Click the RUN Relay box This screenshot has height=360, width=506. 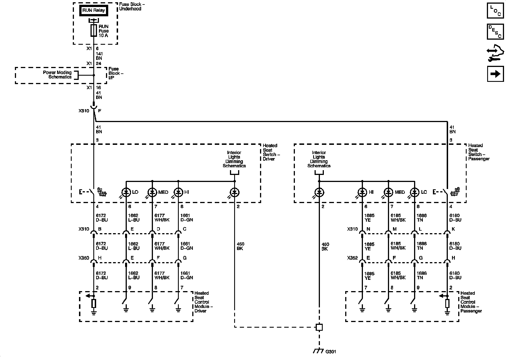pyautogui.click(x=94, y=10)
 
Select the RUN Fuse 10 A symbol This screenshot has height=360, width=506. pyautogui.click(x=94, y=31)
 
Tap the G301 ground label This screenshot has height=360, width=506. pyautogui.click(x=331, y=352)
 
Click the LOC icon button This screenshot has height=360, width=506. pyautogui.click(x=495, y=10)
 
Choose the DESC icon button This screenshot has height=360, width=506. pyautogui.click(x=495, y=31)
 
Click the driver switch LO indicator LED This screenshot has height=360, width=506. pyautogui.click(x=126, y=192)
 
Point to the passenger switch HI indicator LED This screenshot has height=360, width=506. pyautogui.click(x=362, y=192)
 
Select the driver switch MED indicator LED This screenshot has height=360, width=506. pyautogui.click(x=152, y=192)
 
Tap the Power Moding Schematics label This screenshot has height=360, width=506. pyautogui.click(x=57, y=75)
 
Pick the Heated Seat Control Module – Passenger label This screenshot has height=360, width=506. pyautogui.click(x=471, y=302)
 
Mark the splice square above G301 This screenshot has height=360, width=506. pyautogui.click(x=319, y=327)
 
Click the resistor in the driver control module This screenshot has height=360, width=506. pyautogui.click(x=94, y=304)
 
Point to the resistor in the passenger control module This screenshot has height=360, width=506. pyautogui.click(x=447, y=304)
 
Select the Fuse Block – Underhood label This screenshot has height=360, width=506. pyautogui.click(x=130, y=6)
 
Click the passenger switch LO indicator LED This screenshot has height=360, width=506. pyautogui.click(x=414, y=192)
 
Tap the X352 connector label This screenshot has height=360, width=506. pyautogui.click(x=352, y=258)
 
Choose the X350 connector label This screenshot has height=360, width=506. pyautogui.click(x=84, y=258)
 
